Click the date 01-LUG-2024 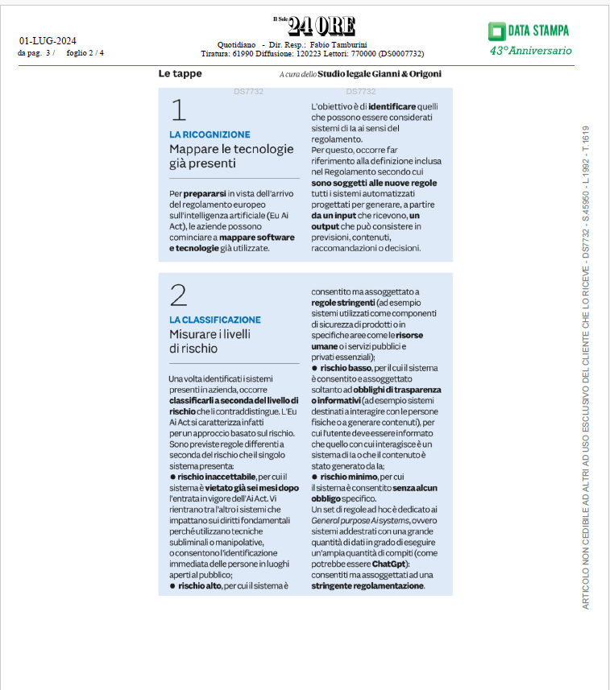tap(48, 41)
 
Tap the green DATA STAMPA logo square tap(496, 31)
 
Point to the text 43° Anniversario tap(530, 51)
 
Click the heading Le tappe tap(180, 74)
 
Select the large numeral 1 tap(179, 110)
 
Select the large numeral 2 tap(179, 295)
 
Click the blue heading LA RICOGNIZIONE tap(210, 134)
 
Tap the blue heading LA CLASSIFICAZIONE tap(215, 320)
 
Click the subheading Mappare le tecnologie tap(220, 149)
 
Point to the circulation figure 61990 tap(243, 54)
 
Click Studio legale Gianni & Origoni tap(379, 74)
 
